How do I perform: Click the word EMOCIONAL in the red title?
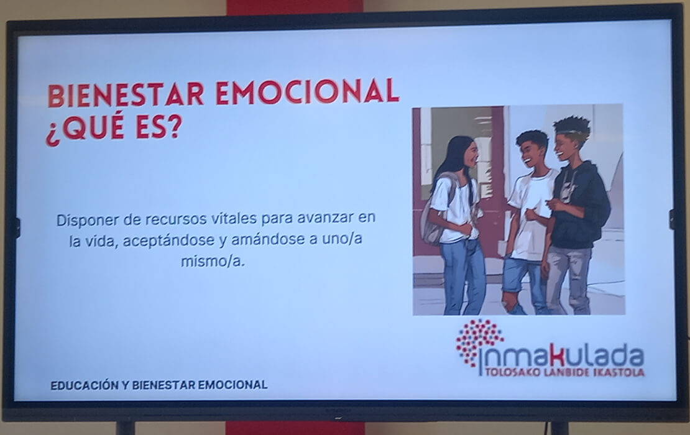coord(307,91)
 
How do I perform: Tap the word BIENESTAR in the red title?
coord(126,94)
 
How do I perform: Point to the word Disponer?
coord(86,220)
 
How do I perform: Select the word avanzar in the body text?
coord(324,218)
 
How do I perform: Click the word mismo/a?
coord(213,262)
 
